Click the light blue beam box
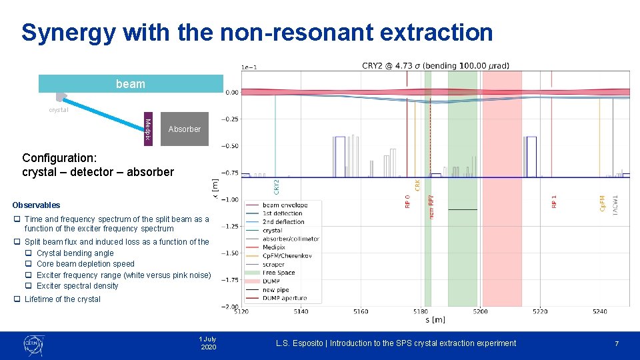pyautogui.click(x=130, y=83)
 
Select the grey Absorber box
pyautogui.click(x=185, y=129)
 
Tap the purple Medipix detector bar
pyautogui.click(x=148, y=129)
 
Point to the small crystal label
pyautogui.click(x=58, y=110)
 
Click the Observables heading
pyautogui.click(x=36, y=205)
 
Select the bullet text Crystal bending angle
pyautogui.click(x=75, y=253)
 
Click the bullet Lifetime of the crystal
pyautogui.click(x=62, y=299)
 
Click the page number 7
pyautogui.click(x=617, y=343)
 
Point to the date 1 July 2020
pyautogui.click(x=208, y=343)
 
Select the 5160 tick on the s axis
pyautogui.click(x=360, y=311)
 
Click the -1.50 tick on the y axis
pyautogui.click(x=230, y=253)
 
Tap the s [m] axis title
pyautogui.click(x=435, y=321)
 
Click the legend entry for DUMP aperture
pyautogui.click(x=285, y=299)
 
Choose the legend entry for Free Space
pyautogui.click(x=279, y=273)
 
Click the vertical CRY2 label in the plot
pyautogui.click(x=277, y=185)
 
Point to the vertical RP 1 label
pyautogui.click(x=554, y=201)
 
